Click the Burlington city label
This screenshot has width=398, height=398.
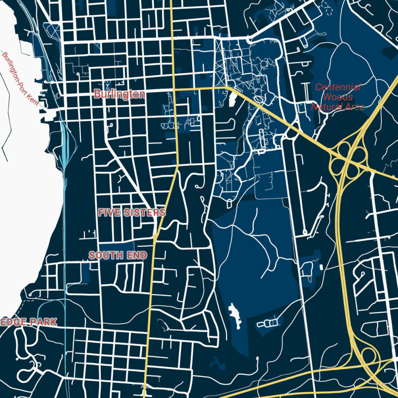point(119,94)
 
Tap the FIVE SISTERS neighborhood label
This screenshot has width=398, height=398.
point(132,213)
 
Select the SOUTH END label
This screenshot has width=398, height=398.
point(118,255)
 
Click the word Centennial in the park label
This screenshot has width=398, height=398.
point(338,87)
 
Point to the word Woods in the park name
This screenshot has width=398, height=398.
point(338,97)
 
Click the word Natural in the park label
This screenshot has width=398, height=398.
point(327,107)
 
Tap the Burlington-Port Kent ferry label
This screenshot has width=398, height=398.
point(20,79)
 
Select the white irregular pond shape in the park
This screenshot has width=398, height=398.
point(235,314)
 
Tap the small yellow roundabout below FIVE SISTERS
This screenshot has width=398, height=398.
point(155,236)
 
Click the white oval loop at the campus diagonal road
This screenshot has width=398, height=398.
point(259,99)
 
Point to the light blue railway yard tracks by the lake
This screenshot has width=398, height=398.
point(65,146)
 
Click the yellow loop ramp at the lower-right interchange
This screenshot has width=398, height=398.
point(369,356)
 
